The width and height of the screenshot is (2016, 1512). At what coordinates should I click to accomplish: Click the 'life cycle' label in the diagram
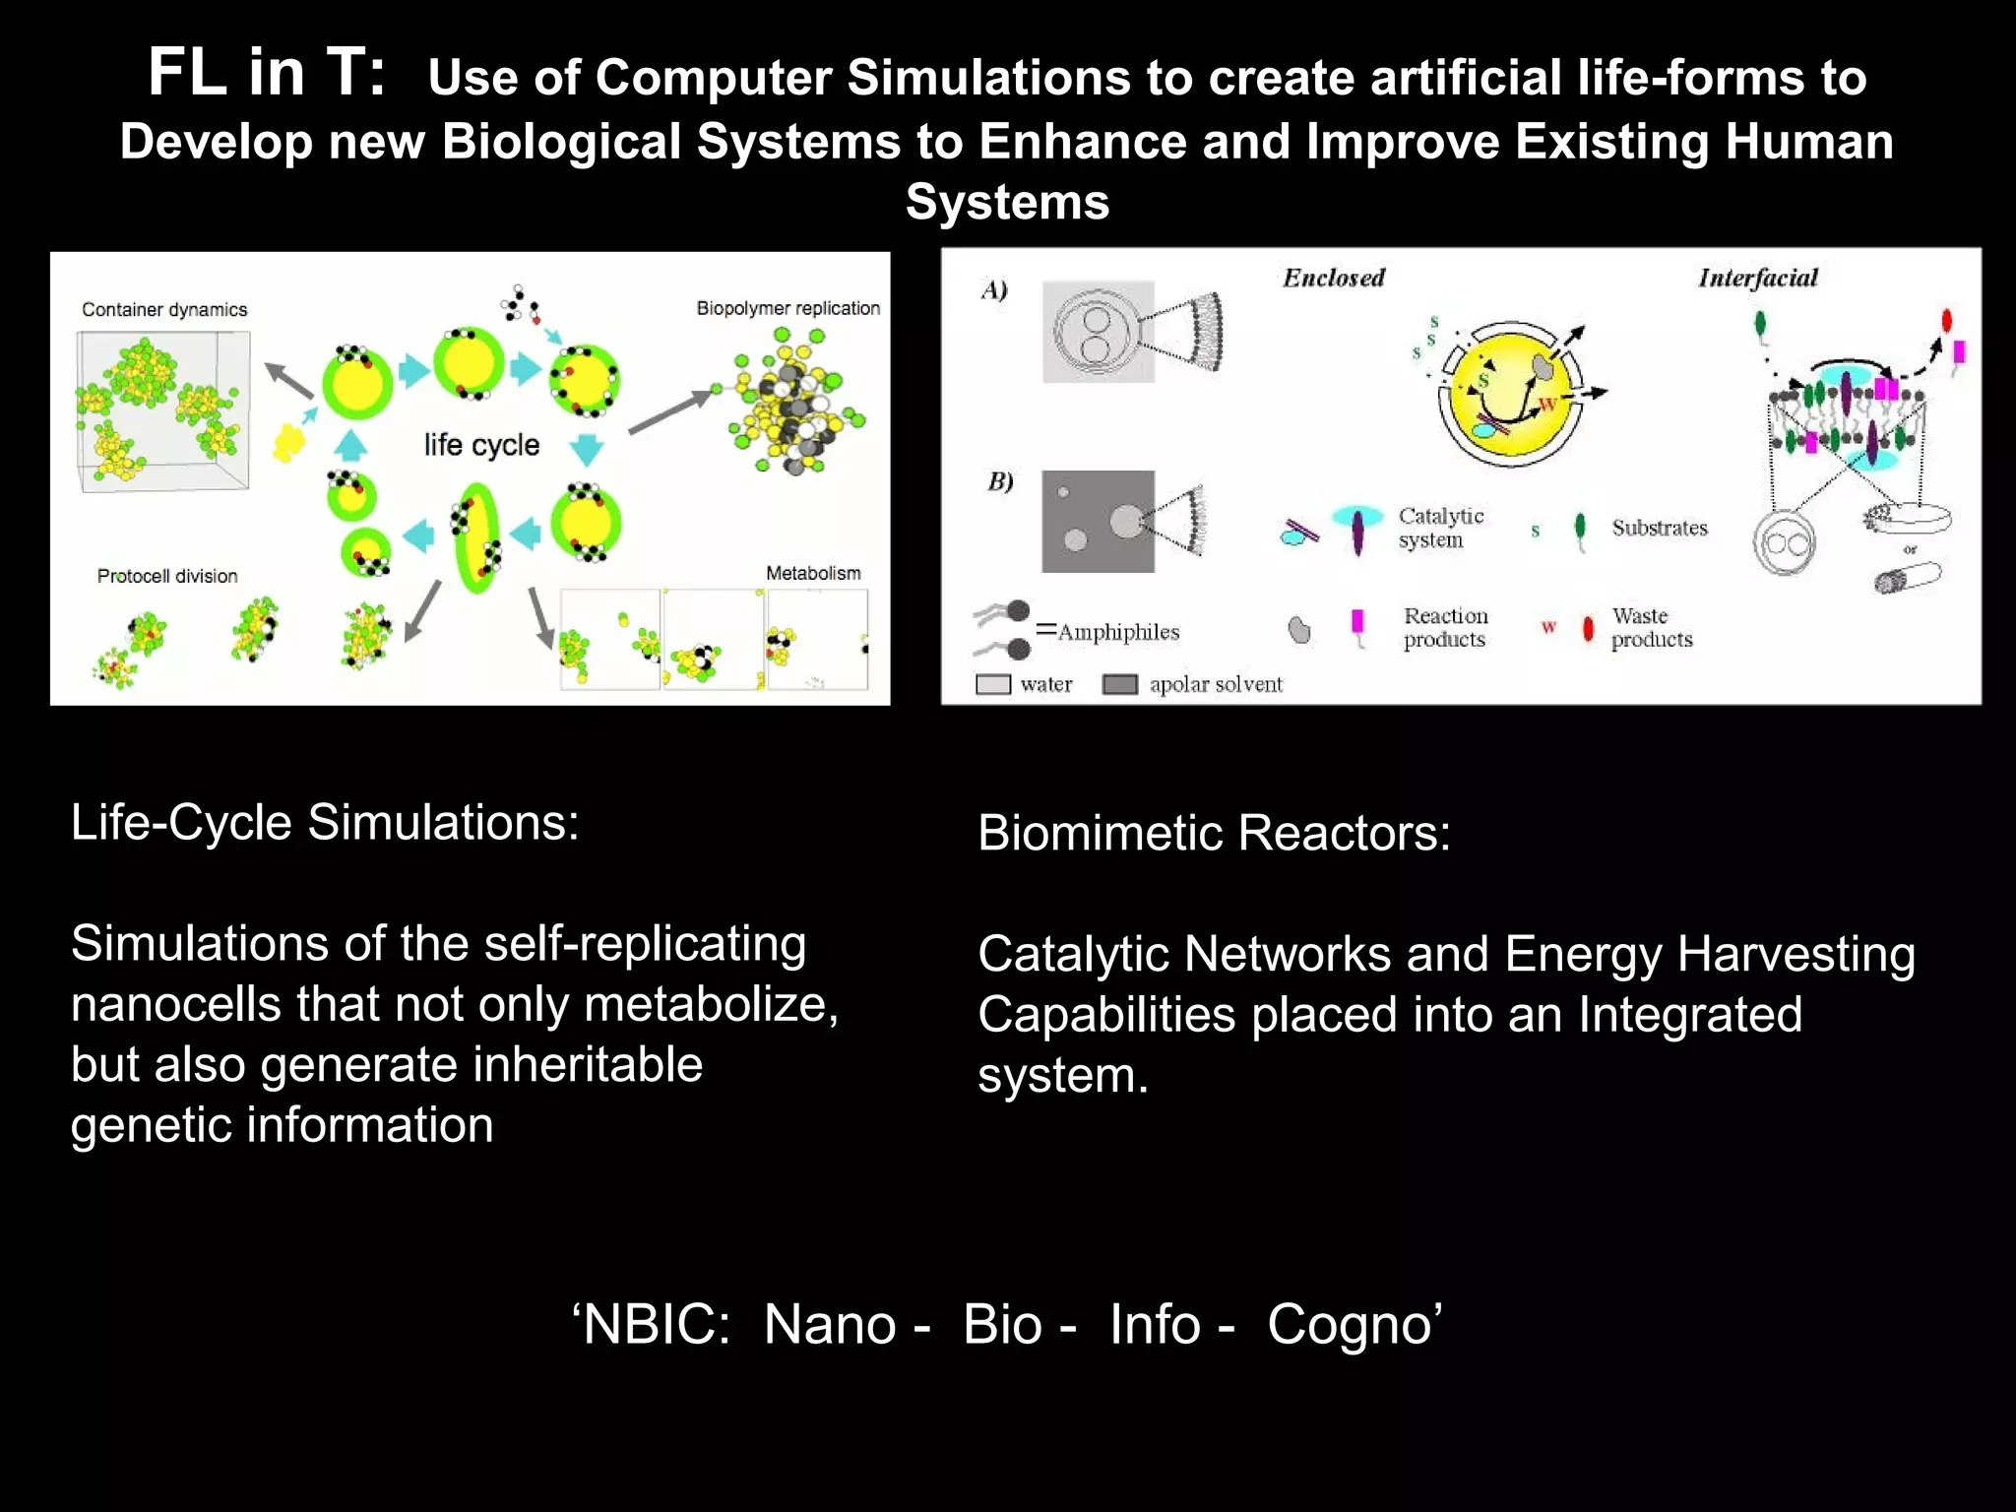pyautogui.click(x=481, y=445)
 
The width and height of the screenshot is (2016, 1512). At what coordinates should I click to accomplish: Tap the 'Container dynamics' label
pyautogui.click(x=164, y=309)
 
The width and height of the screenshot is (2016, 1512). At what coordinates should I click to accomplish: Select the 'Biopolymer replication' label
pyautogui.click(x=787, y=308)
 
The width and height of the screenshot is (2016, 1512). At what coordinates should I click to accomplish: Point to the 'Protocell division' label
pyautogui.click(x=167, y=576)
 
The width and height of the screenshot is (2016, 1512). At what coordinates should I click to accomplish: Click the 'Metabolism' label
pyautogui.click(x=813, y=573)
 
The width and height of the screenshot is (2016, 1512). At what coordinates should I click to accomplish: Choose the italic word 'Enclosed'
pyautogui.click(x=1333, y=278)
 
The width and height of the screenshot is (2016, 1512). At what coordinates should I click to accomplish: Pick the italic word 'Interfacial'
pyautogui.click(x=1758, y=278)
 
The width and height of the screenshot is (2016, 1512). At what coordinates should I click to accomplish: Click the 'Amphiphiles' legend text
pyautogui.click(x=1118, y=632)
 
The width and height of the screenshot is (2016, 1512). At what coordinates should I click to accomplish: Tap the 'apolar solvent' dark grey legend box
pyautogui.click(x=1119, y=684)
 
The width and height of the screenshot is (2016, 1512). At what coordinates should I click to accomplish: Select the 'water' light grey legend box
pyautogui.click(x=992, y=684)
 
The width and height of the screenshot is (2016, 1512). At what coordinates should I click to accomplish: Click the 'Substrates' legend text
pyautogui.click(x=1660, y=528)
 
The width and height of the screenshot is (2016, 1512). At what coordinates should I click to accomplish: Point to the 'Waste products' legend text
pyautogui.click(x=1651, y=627)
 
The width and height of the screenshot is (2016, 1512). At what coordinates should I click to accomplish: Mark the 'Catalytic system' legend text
pyautogui.click(x=1440, y=528)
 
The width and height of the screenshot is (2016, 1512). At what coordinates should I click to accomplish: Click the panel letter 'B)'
pyautogui.click(x=1000, y=481)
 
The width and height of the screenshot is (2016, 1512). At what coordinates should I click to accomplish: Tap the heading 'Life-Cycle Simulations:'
pyautogui.click(x=325, y=822)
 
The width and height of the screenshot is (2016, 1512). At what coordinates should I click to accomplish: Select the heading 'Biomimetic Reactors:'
pyautogui.click(x=1214, y=833)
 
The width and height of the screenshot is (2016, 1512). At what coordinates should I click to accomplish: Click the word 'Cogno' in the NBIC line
pyautogui.click(x=1349, y=1324)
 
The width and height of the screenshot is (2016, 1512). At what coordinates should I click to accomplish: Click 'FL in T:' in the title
pyautogui.click(x=266, y=73)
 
